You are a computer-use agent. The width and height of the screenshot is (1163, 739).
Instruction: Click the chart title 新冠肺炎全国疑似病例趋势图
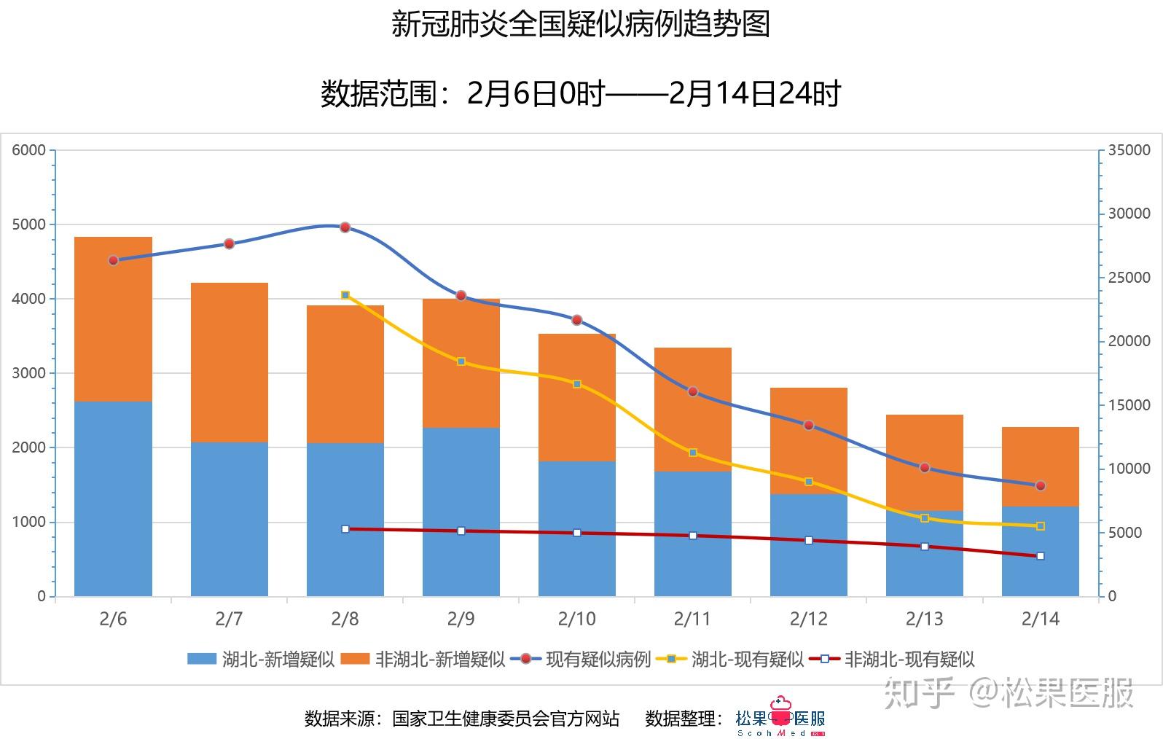[x=581, y=24]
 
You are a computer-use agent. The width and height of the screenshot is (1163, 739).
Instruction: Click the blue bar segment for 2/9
[x=461, y=510]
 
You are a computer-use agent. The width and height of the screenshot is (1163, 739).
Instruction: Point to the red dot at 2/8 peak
[x=345, y=227]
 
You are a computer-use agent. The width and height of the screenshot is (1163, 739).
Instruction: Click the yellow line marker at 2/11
[x=693, y=453]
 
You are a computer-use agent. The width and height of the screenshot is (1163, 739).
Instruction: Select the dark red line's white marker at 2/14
[x=1040, y=556]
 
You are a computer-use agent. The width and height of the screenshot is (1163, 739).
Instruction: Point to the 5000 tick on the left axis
[x=29, y=224]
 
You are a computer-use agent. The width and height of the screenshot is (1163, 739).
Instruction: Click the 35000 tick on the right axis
[x=1129, y=150]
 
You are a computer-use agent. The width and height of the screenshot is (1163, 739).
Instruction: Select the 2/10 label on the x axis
[x=576, y=619]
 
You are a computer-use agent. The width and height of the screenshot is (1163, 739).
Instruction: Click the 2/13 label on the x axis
[x=924, y=619]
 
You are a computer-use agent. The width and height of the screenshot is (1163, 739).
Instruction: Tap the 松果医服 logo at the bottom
[x=780, y=719]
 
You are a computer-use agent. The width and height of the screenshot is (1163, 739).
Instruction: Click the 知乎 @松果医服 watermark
[x=1009, y=692]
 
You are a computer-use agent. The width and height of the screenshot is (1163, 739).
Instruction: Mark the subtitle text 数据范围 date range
[x=581, y=94]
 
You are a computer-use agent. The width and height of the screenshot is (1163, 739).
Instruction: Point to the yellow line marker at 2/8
[x=345, y=295]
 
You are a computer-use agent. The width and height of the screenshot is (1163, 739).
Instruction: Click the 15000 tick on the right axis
[x=1129, y=405]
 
